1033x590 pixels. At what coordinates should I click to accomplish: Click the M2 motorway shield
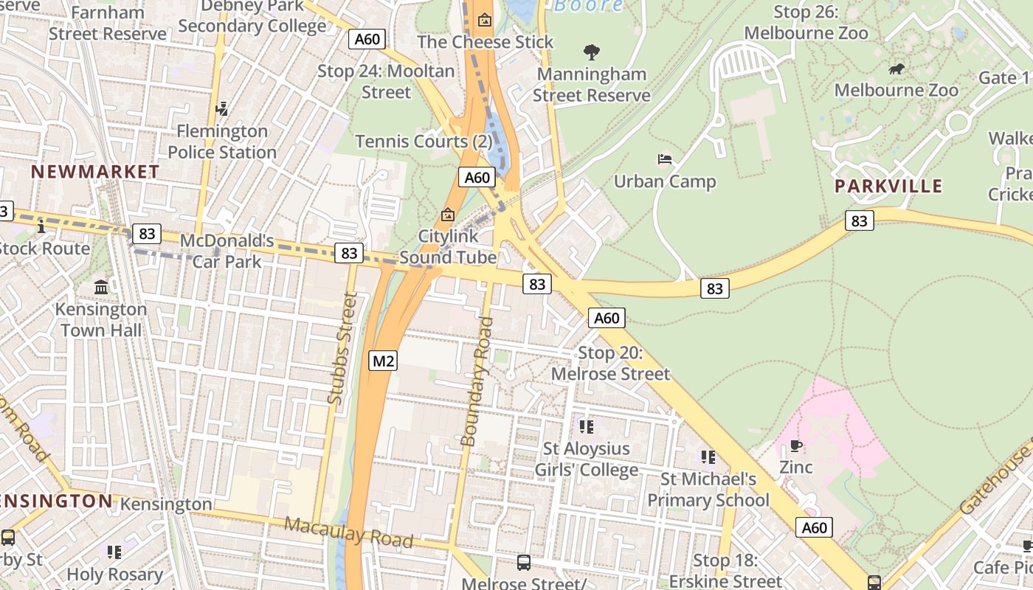click(383, 361)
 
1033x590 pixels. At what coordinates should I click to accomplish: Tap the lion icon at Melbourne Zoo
click(896, 69)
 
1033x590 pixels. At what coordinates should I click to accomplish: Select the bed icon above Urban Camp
click(664, 159)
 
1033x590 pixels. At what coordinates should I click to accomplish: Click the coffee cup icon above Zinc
click(795, 445)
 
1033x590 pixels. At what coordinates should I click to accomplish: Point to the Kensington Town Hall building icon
click(101, 286)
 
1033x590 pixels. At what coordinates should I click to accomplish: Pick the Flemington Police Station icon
click(221, 109)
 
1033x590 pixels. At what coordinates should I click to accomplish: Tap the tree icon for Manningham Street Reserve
click(591, 52)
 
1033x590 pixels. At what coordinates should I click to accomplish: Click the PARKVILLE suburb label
click(888, 186)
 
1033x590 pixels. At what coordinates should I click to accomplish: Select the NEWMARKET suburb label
click(95, 172)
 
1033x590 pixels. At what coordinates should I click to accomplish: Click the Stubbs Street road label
click(342, 348)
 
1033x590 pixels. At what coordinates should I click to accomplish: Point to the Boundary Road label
click(476, 381)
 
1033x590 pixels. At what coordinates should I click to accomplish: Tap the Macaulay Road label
click(348, 532)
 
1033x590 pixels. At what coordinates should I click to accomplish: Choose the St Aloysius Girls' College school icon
click(587, 427)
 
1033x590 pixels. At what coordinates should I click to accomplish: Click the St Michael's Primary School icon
click(708, 457)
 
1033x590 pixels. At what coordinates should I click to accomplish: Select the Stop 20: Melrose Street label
click(610, 364)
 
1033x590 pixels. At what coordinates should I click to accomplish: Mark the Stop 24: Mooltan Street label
click(386, 81)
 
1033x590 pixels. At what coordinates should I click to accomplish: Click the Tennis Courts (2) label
click(424, 142)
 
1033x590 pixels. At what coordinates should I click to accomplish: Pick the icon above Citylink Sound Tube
click(447, 215)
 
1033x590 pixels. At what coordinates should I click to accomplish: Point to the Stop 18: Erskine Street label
click(725, 571)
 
